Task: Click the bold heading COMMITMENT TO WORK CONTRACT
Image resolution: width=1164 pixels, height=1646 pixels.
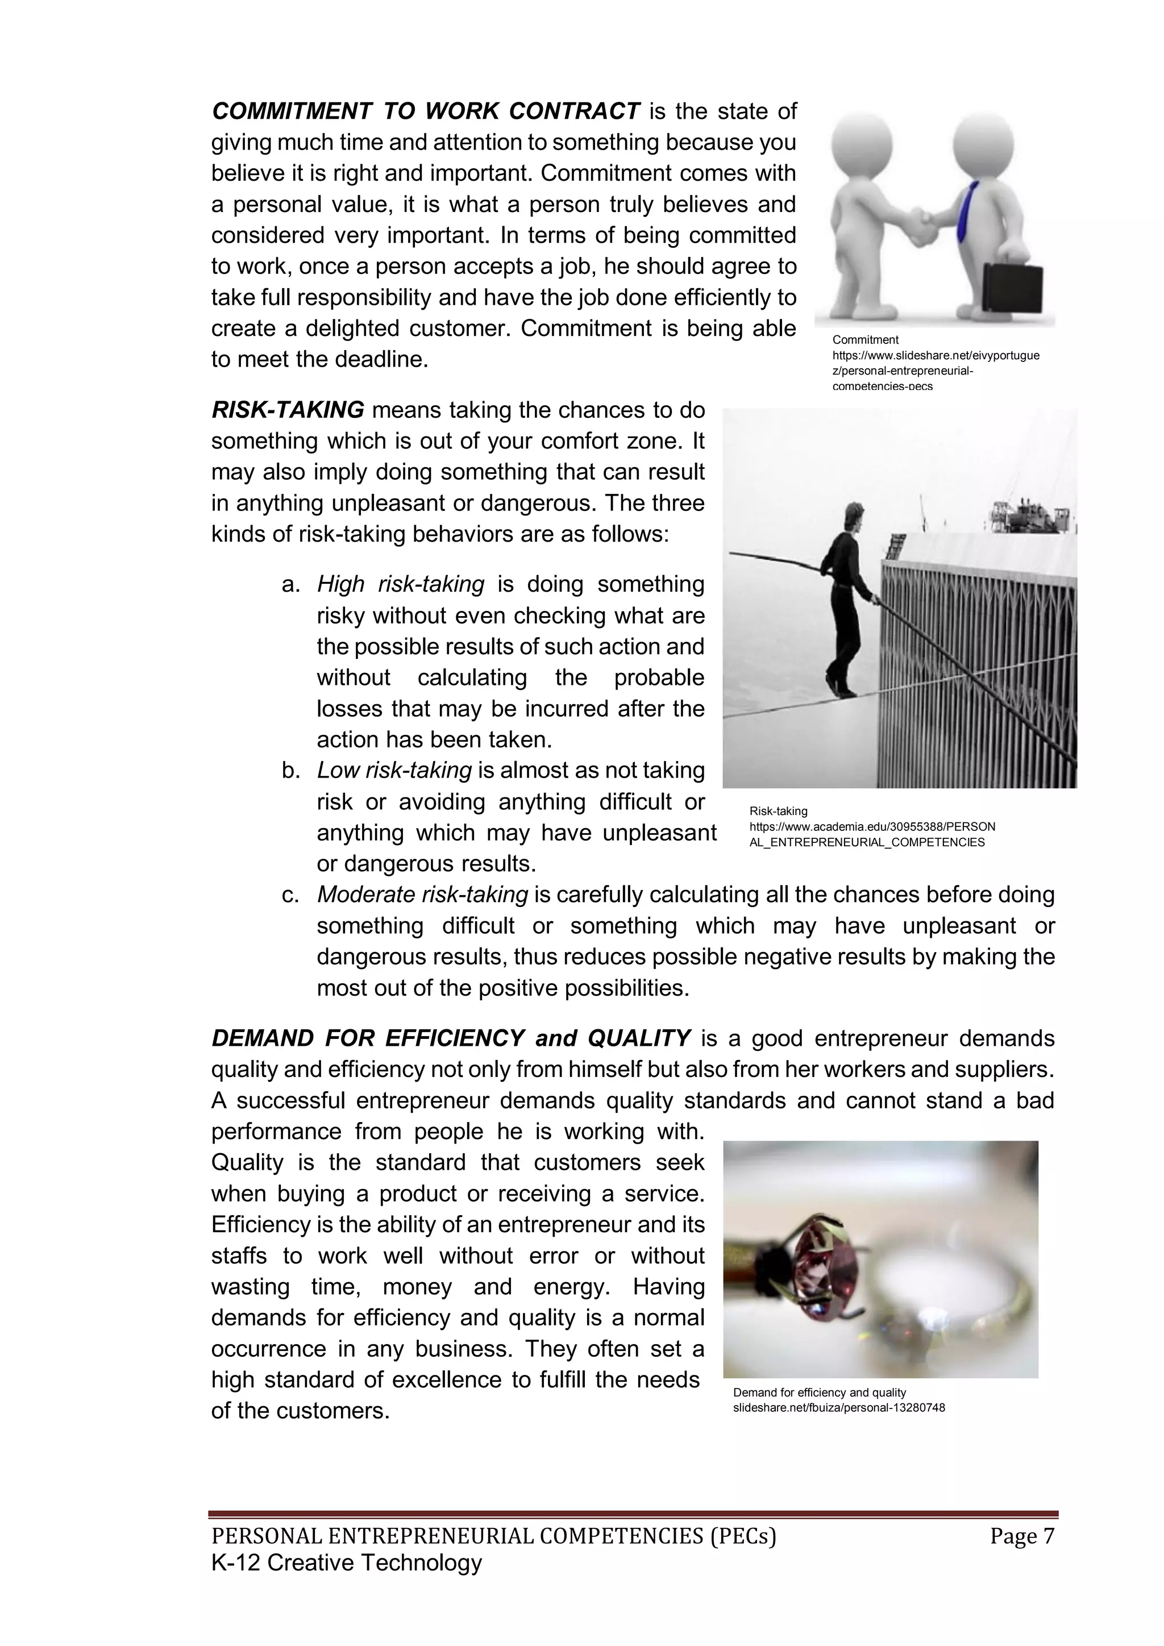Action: coord(425,112)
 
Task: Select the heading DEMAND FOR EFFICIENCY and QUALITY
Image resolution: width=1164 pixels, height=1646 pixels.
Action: coord(450,1038)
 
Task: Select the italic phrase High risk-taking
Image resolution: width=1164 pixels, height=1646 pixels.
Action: coord(401,585)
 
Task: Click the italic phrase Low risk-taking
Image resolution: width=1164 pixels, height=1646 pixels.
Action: coord(394,771)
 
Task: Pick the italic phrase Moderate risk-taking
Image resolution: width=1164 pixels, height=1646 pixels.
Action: coord(422,895)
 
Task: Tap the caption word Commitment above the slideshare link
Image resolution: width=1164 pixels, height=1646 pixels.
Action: coord(865,340)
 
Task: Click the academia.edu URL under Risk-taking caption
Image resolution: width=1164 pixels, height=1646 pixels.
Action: coord(871,834)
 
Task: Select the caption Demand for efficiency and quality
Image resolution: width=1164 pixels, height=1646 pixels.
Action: coord(819,1392)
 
